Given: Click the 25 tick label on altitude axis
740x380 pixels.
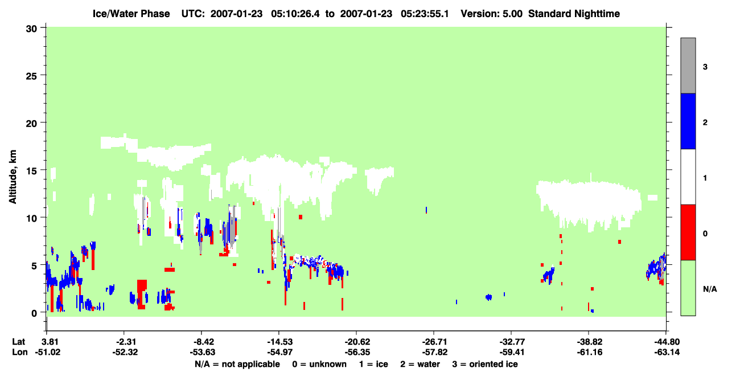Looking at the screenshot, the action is tap(31, 76).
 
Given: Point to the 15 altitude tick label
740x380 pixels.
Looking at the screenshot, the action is tap(31, 171).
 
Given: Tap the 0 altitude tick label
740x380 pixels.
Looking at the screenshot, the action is tap(34, 313).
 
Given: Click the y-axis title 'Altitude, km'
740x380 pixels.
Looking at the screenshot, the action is tap(13, 177).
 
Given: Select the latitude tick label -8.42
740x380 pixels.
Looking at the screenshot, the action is tap(201, 342).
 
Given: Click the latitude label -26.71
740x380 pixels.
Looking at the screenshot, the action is tap(433, 342).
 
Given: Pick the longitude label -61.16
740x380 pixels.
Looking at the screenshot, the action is tap(589, 352).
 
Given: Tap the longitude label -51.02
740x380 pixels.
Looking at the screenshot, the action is tap(48, 352).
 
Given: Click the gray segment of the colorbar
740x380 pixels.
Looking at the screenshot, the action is tap(688, 66).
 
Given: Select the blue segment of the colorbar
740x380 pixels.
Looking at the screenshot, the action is tap(688, 121).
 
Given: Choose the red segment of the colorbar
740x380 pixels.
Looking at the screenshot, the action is tap(688, 232).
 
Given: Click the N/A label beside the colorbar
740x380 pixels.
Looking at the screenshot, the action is tap(710, 289).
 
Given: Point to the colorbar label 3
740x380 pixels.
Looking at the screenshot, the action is tap(705, 67).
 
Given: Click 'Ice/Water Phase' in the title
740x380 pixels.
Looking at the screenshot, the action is tap(131, 14).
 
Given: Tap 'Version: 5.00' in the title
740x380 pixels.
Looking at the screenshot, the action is tap(492, 14).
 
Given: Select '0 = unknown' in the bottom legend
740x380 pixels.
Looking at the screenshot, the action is tap(319, 364).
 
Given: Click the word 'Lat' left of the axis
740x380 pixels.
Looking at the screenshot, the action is tap(18, 342).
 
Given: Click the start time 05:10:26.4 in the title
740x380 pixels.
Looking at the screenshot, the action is tap(295, 14).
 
